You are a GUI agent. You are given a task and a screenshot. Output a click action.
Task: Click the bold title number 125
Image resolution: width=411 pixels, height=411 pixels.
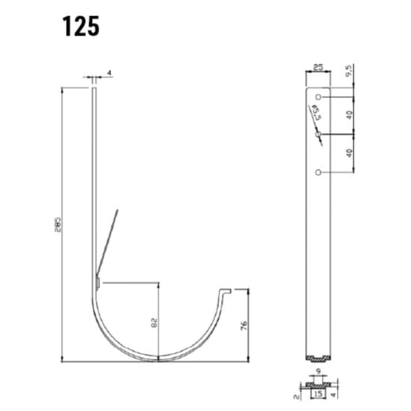pos(81,26)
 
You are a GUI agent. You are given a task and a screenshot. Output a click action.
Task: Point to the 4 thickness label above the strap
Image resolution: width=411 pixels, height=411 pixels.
pos(109,73)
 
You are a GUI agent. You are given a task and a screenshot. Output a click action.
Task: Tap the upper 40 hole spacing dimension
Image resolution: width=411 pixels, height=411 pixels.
pos(350,115)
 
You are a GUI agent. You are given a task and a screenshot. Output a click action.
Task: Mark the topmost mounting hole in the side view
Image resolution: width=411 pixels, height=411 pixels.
pos(318,98)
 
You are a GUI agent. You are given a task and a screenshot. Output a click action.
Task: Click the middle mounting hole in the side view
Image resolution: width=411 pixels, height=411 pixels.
pos(318,135)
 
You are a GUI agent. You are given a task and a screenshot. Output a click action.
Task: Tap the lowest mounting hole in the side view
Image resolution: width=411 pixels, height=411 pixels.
pos(318,171)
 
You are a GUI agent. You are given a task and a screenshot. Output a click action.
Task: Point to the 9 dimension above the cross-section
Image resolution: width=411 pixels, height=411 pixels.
pos(318,370)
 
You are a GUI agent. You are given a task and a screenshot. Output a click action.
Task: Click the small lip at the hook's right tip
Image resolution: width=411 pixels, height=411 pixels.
pos(228,293)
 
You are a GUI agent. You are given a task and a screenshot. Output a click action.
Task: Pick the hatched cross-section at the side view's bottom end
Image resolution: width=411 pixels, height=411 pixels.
pos(318,356)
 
